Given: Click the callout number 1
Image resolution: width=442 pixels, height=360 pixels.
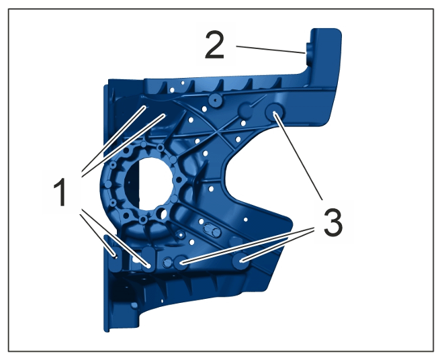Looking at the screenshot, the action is (x=60, y=191).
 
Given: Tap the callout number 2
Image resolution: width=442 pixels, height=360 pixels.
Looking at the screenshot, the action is (x=215, y=45).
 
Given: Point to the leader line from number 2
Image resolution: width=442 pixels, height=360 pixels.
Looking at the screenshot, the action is (x=271, y=49).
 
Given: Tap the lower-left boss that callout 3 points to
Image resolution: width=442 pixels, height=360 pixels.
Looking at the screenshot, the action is (x=181, y=263).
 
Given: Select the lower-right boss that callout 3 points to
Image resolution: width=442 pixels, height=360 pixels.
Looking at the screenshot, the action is (x=240, y=261).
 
